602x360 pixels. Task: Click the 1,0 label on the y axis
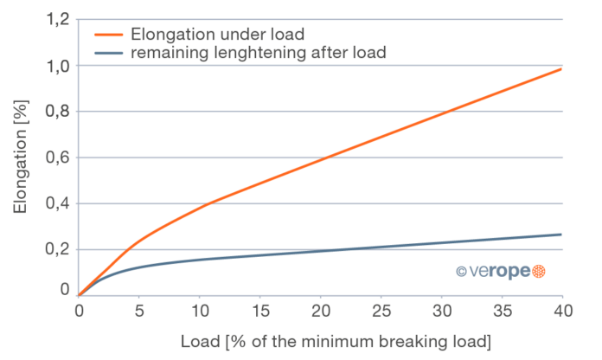56,66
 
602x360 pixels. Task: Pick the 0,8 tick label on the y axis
56,112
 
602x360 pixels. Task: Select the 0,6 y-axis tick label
56,157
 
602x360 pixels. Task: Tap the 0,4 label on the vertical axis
56,203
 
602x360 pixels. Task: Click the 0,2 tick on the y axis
56,249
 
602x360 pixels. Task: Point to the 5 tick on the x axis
139,308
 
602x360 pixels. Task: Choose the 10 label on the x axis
200,308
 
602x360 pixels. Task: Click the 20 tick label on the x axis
321,308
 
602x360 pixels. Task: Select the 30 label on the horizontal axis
442,308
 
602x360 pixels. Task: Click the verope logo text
492,272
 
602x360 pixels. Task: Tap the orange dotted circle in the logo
538,272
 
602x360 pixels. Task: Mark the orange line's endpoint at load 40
562,67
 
